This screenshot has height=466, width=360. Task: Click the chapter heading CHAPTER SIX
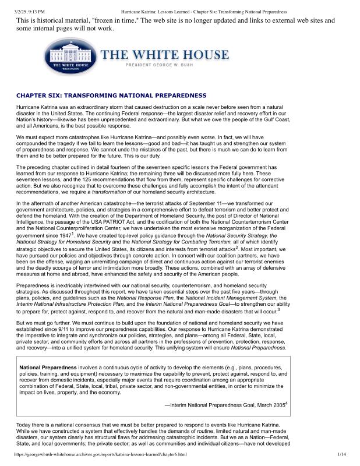pos(111,95)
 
